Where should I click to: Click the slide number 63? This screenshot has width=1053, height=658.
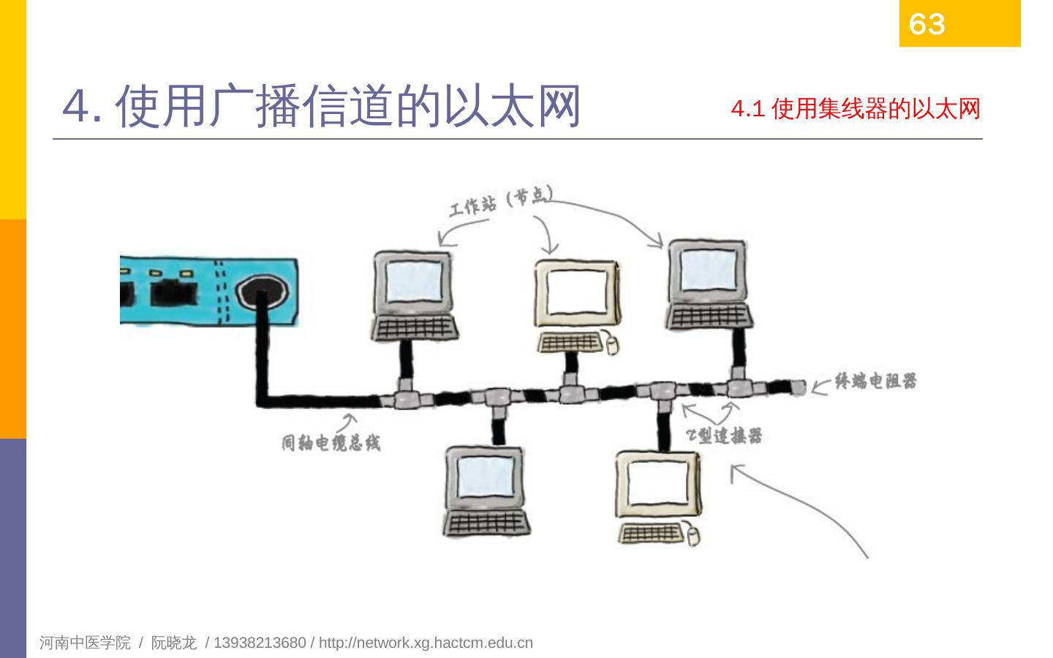926,24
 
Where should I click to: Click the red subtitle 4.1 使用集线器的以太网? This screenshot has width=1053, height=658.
856,110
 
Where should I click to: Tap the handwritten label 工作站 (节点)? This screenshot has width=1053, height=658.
500,200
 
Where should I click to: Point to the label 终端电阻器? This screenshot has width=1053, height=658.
875,381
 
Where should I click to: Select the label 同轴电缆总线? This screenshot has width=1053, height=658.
331,443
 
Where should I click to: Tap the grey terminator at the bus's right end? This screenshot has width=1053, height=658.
797,387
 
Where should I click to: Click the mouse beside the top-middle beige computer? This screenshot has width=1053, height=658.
610,343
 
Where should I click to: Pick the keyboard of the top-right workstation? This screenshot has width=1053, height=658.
709,317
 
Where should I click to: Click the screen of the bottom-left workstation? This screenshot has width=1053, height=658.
486,480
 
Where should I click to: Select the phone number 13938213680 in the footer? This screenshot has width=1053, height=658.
260,643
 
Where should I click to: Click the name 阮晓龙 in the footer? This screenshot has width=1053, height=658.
173,643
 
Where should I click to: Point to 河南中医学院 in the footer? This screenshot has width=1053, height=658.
85,643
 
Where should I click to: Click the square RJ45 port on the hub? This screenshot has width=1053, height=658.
173,293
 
